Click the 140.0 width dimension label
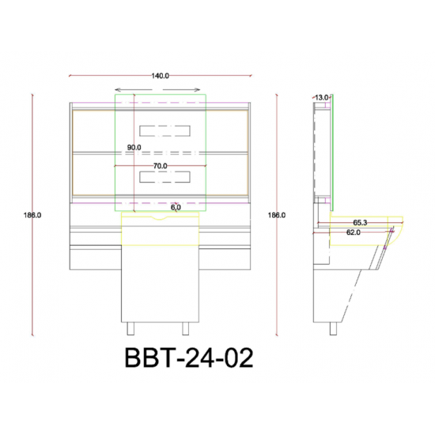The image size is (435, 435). (x=160, y=76)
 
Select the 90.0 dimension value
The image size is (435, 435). (x=134, y=148)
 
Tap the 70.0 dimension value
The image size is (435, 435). (x=161, y=166)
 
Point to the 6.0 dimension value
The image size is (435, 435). (x=176, y=207)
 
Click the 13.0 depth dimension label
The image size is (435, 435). (x=322, y=97)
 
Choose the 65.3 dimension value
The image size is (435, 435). (x=360, y=222)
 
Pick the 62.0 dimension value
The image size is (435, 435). (x=354, y=233)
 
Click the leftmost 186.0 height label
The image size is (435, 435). (x=32, y=215)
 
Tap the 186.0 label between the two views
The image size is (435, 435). (x=277, y=215)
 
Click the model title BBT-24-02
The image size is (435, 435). (x=189, y=357)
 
